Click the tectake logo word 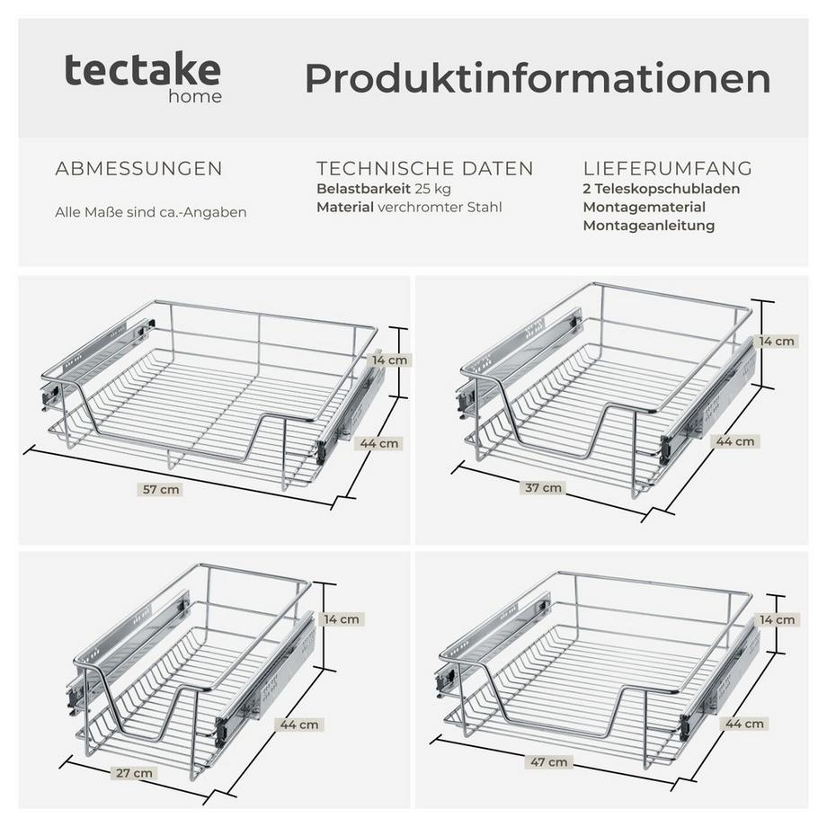pyautogui.click(x=142, y=70)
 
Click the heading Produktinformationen pyautogui.click(x=538, y=78)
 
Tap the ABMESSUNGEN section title pyautogui.click(x=139, y=169)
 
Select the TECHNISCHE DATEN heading pyautogui.click(x=425, y=169)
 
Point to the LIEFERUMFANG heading pyautogui.click(x=668, y=169)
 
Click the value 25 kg pyautogui.click(x=433, y=189)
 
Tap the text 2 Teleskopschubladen pyautogui.click(x=662, y=189)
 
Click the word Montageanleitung pyautogui.click(x=649, y=226)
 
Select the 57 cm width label pyautogui.click(x=163, y=489)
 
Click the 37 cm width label pyautogui.click(x=545, y=487)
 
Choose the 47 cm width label pyautogui.click(x=550, y=761)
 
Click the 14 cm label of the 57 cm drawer pyautogui.click(x=390, y=360)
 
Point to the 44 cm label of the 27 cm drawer pyautogui.click(x=300, y=724)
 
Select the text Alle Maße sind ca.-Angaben pyautogui.click(x=151, y=212)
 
